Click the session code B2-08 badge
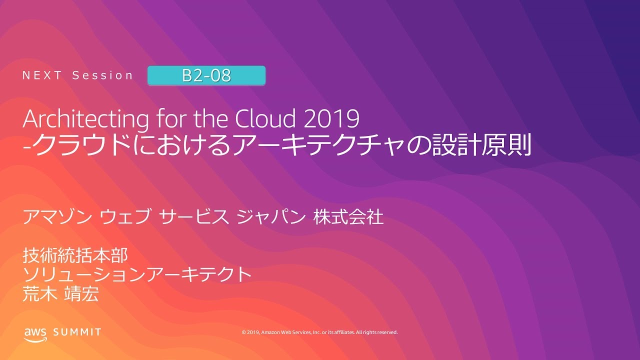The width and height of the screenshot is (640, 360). click(x=206, y=75)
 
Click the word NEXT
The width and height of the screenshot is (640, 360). click(x=42, y=75)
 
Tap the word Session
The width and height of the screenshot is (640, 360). click(x=103, y=75)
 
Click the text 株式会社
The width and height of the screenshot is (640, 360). click(x=348, y=217)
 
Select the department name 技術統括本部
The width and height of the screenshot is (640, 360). click(x=75, y=255)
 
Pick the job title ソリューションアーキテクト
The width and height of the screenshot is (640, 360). click(x=136, y=274)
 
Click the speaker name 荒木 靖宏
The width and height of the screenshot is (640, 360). click(x=60, y=293)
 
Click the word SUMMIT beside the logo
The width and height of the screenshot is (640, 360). click(x=77, y=332)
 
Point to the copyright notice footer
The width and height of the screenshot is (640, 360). click(x=319, y=332)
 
